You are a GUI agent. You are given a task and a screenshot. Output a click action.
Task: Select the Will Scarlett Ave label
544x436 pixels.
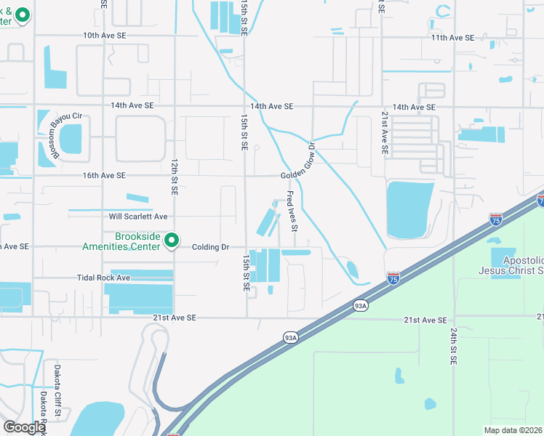tap(138, 217)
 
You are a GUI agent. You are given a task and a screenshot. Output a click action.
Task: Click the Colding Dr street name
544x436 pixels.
tap(211, 247)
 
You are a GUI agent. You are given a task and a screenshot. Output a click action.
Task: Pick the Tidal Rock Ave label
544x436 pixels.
tap(103, 278)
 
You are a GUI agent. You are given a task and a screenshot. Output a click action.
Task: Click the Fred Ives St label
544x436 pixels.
tap(292, 211)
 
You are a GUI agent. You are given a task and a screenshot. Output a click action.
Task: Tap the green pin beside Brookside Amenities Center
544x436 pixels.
tap(172, 239)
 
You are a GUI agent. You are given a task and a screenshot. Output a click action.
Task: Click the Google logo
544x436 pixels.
tap(23, 427)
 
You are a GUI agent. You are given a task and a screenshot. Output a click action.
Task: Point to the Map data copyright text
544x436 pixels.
tap(513, 430)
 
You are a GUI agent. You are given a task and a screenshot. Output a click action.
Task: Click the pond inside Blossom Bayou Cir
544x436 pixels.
tap(71, 139)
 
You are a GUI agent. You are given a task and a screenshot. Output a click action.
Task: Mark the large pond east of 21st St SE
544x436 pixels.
tap(410, 209)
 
